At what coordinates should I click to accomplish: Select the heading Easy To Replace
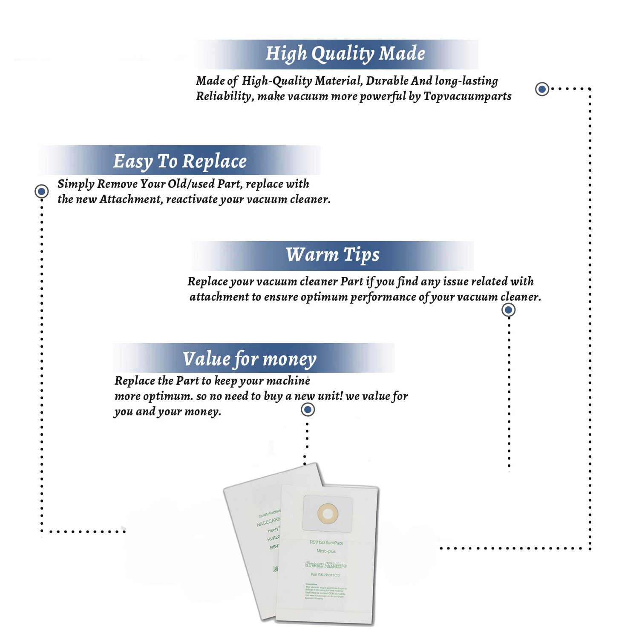(x=180, y=161)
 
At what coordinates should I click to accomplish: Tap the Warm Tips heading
(x=332, y=255)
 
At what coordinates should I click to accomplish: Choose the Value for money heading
(x=250, y=359)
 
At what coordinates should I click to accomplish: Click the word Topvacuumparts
(x=467, y=96)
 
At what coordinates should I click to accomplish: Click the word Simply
(x=76, y=184)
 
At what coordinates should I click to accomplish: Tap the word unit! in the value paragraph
(x=331, y=396)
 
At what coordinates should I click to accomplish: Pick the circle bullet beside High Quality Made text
(x=542, y=89)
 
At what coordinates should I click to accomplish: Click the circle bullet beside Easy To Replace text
(x=41, y=191)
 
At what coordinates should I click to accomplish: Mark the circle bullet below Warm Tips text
(x=508, y=310)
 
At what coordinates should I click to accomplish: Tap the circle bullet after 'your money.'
(x=308, y=410)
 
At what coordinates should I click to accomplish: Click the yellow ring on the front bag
(x=328, y=514)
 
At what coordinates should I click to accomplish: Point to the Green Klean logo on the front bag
(x=326, y=565)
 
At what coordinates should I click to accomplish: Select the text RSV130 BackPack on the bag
(x=326, y=543)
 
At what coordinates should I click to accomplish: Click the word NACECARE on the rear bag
(x=268, y=521)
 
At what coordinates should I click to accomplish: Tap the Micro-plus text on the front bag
(x=326, y=551)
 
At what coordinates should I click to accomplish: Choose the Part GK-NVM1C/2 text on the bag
(x=325, y=575)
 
